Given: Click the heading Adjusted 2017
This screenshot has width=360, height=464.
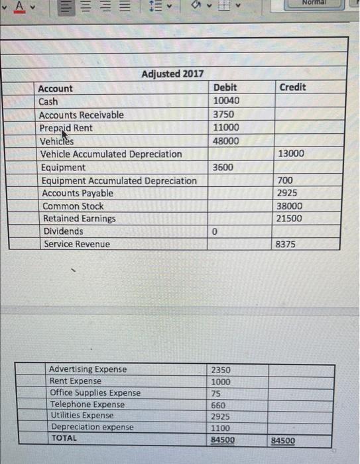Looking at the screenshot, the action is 172,74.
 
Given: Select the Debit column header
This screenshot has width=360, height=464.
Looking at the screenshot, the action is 225,87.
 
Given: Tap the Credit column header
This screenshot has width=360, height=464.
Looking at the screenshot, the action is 292,87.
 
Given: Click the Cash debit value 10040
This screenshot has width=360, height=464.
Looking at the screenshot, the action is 226,101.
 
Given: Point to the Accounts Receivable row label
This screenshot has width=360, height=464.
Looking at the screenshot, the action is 81,115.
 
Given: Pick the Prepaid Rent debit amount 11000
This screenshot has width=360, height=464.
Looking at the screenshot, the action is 226,127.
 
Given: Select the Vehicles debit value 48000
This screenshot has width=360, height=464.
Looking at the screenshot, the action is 226,141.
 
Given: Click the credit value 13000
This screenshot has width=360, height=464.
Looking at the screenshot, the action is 291,154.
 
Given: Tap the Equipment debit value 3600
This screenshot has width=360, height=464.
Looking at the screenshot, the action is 223,167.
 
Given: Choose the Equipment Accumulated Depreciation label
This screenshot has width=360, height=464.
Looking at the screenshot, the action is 119,180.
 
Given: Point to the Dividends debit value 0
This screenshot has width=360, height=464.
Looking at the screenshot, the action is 215,231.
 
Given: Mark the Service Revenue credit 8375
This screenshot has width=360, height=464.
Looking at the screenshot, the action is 286,244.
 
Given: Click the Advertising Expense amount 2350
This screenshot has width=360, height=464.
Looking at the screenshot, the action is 221,369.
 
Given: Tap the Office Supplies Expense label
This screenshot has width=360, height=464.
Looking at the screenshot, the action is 95,392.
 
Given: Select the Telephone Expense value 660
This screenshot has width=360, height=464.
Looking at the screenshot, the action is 218,404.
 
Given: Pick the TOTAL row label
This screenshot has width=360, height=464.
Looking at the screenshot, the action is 64,438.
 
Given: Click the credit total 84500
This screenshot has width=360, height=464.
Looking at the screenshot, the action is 283,440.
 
